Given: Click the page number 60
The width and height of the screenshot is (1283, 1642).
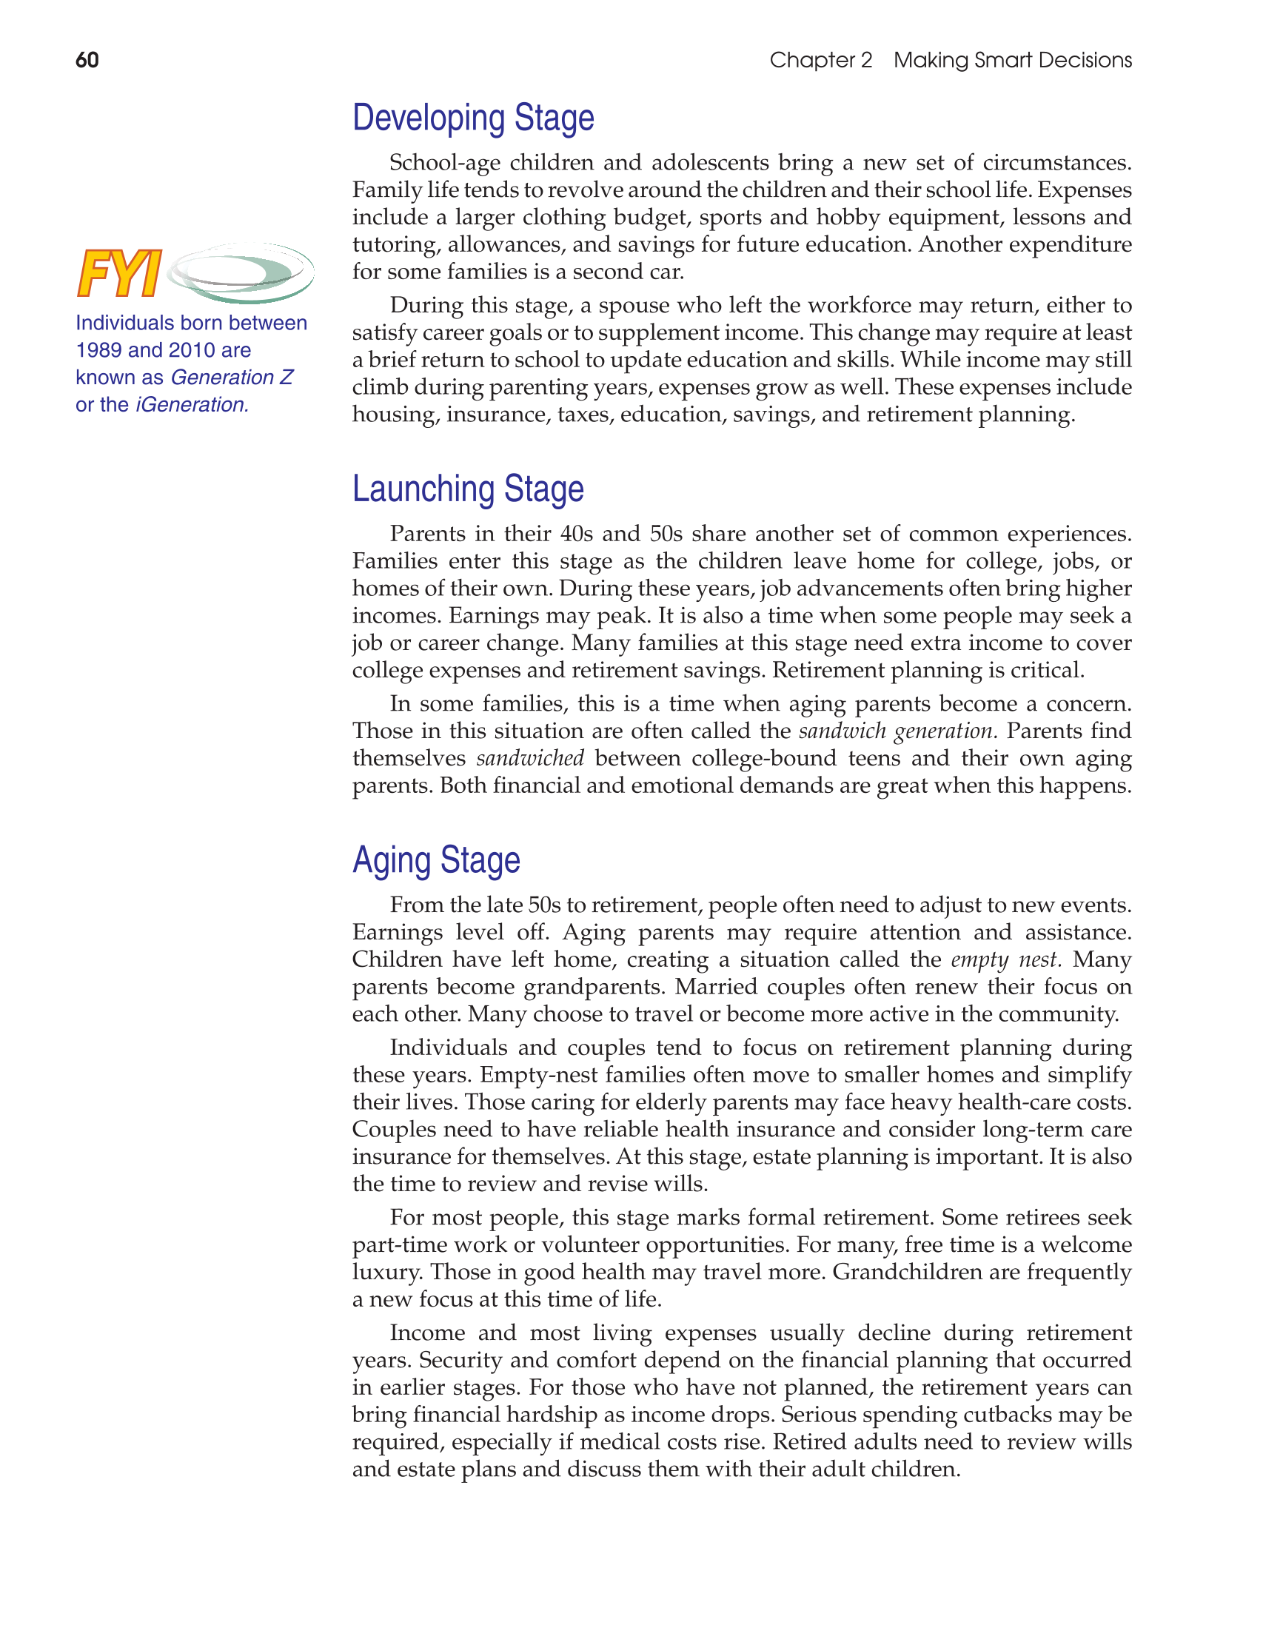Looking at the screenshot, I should click(87, 60).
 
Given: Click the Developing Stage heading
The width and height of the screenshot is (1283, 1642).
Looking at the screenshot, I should click(473, 118).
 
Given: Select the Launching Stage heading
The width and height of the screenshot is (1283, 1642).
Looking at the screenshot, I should click(468, 489).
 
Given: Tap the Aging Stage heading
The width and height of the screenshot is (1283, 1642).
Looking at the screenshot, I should click(436, 859).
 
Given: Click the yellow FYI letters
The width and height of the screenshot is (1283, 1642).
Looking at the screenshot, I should click(120, 274).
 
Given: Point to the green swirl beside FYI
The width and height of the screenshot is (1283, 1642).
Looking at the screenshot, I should click(241, 272).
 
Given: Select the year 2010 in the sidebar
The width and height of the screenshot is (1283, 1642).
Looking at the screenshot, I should click(192, 350).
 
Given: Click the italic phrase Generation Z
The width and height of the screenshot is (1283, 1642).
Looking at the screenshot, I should click(232, 378).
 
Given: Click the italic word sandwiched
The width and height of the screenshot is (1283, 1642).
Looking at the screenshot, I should click(530, 758).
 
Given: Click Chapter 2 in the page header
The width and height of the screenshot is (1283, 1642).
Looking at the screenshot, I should click(820, 60).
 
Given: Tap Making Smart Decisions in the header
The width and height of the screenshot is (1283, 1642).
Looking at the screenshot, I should click(1012, 60).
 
